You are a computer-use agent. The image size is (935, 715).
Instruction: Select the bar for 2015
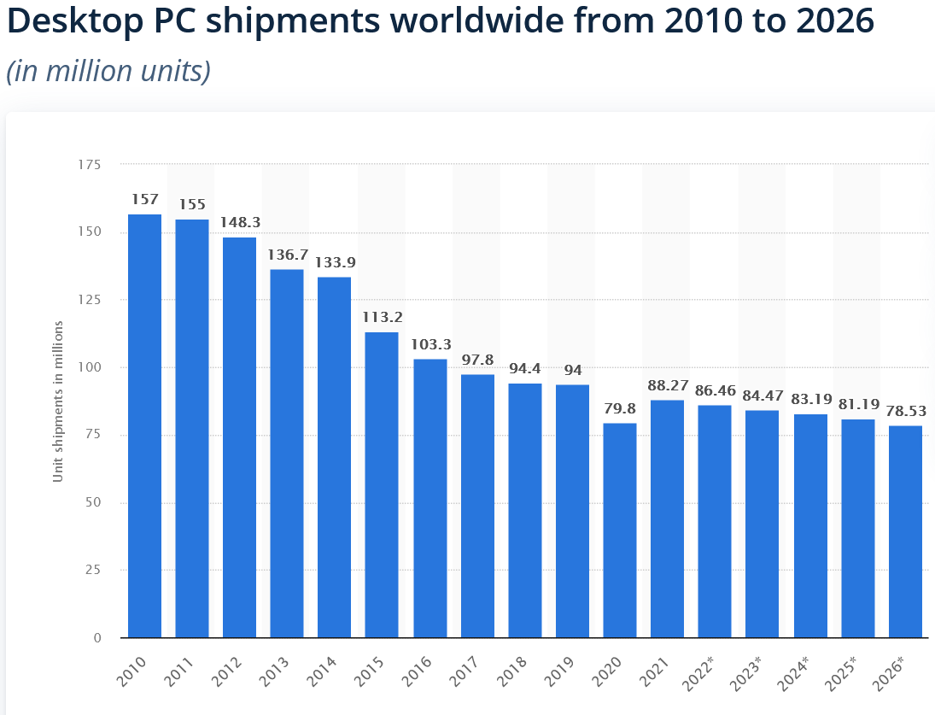coord(382,484)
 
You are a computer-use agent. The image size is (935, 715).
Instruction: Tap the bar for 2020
coord(620,530)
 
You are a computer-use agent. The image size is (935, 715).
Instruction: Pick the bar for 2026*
coord(905,531)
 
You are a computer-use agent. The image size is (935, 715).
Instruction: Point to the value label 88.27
coord(667,384)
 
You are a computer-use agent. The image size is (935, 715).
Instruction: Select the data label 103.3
coord(430,343)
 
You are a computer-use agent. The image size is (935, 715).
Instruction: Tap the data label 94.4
coord(524,368)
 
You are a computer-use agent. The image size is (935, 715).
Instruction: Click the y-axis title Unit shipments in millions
coord(58,401)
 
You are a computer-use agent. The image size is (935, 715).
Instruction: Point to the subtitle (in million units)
coord(108,71)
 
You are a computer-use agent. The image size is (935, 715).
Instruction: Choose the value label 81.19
coord(857,404)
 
